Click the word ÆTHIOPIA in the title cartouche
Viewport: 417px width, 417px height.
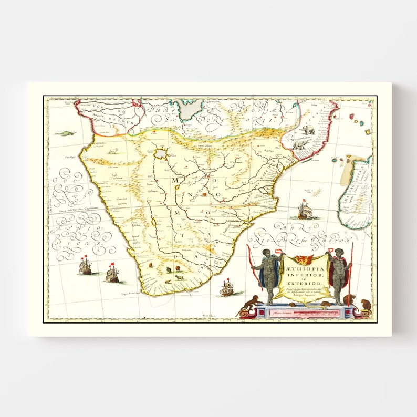click(305, 268)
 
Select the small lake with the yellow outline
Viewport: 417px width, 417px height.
click(160, 154)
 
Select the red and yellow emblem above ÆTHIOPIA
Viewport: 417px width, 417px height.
click(304, 259)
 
